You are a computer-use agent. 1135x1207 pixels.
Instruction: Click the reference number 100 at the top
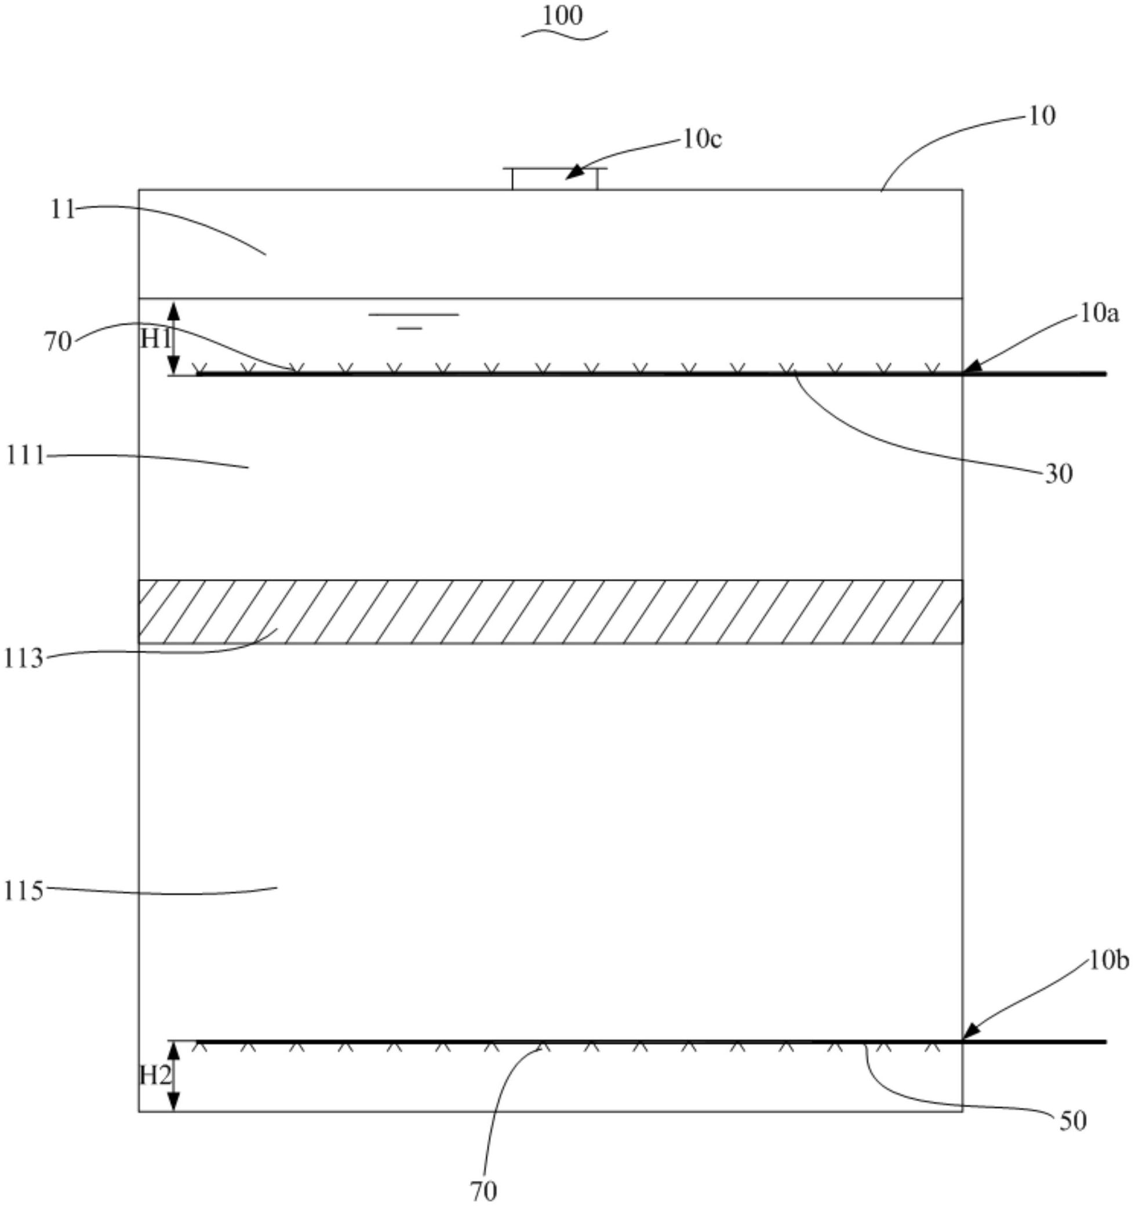click(563, 16)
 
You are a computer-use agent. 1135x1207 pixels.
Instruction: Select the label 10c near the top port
click(702, 140)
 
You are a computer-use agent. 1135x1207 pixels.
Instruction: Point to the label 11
click(63, 210)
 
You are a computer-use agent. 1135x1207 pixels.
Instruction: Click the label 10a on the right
click(1099, 313)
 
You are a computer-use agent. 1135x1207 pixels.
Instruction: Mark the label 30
click(1059, 474)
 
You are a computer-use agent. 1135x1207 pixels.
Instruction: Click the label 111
click(26, 455)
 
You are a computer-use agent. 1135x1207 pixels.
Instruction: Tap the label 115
click(24, 891)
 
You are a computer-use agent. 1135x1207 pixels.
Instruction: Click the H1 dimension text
click(155, 339)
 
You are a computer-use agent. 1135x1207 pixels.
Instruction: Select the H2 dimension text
click(155, 1076)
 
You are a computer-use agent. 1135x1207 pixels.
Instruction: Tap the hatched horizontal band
click(550, 612)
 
